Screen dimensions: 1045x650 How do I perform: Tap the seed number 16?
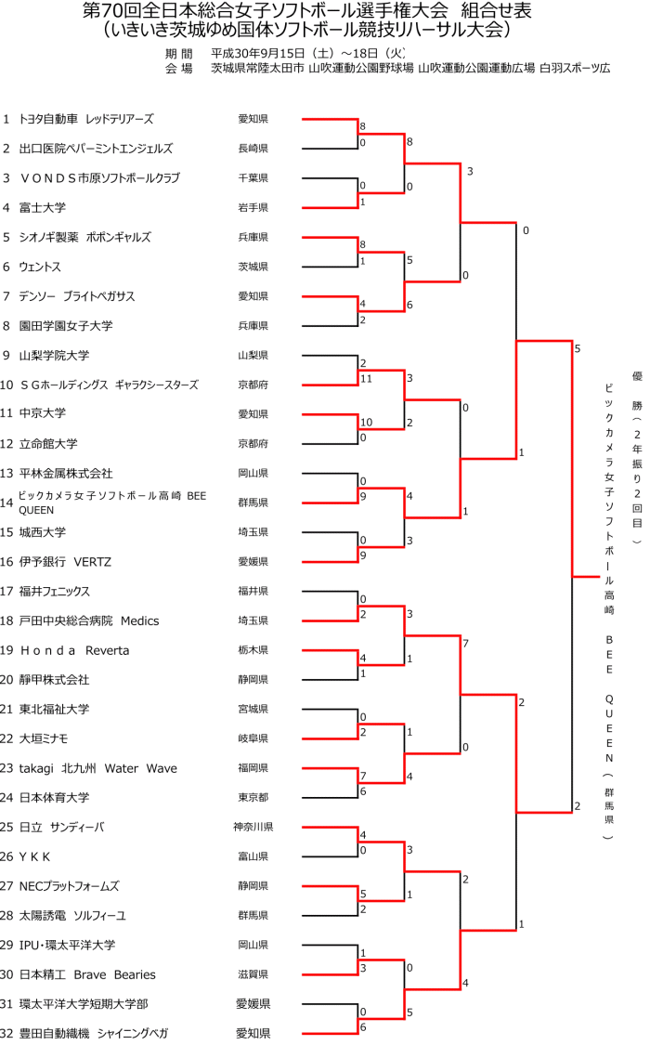pyautogui.click(x=7, y=561)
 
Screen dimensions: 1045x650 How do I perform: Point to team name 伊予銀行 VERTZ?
pyautogui.click(x=65, y=561)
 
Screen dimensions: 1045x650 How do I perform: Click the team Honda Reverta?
pyautogui.click(x=74, y=650)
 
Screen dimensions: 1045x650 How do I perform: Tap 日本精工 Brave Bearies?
pyautogui.click(x=87, y=974)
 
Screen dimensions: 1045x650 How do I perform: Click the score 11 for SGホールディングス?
pyautogui.click(x=366, y=379)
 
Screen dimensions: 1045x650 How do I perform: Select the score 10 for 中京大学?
pyautogui.click(x=366, y=423)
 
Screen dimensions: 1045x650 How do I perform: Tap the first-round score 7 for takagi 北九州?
pyautogui.click(x=363, y=776)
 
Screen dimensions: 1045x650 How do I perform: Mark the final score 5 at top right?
pyautogui.click(x=578, y=349)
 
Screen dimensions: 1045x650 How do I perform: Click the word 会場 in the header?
pyautogui.click(x=179, y=68)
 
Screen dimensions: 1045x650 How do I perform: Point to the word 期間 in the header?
pyautogui.click(x=179, y=53)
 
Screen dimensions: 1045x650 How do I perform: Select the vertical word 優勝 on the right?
pyautogui.click(x=637, y=390)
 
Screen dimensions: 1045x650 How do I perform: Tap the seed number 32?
pyautogui.click(x=7, y=1033)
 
